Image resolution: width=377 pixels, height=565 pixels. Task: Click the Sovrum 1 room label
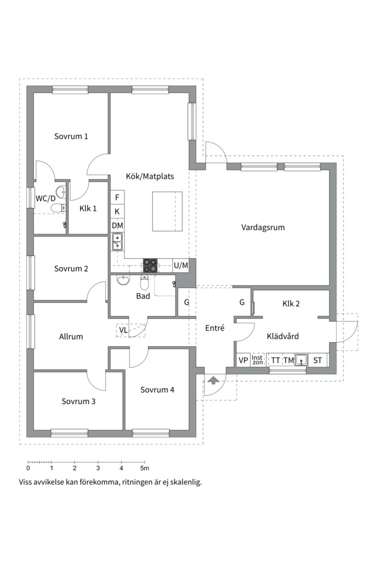coord(71,136)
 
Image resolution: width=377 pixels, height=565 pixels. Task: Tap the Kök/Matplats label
coord(150,176)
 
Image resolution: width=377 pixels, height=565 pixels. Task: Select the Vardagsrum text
coord(263,228)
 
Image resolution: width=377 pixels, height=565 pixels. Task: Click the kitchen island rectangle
coord(167,211)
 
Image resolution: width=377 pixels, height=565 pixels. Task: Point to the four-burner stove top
coord(150,266)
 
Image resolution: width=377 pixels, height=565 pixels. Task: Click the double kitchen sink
coord(117,242)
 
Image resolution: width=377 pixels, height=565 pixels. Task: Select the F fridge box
coord(117,197)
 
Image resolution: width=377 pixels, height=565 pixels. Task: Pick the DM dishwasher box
coord(117,225)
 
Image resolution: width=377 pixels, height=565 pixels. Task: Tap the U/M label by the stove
coord(181,266)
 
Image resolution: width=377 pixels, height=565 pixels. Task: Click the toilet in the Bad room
coord(145,282)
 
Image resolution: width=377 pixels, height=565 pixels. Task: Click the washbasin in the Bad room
coord(123,281)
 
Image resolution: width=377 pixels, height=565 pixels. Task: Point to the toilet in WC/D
coord(57,208)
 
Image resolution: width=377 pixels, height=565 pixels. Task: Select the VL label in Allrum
coord(123,330)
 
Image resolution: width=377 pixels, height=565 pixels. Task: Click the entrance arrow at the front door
coord(213,380)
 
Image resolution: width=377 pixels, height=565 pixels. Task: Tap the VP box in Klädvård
coord(243,360)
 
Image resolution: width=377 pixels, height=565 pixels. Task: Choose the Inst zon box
coord(257,360)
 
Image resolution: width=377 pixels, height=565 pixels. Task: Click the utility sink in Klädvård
coord(302,360)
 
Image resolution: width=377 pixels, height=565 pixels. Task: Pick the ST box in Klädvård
coord(318,360)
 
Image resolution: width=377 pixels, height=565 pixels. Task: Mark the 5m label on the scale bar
coord(145,468)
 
